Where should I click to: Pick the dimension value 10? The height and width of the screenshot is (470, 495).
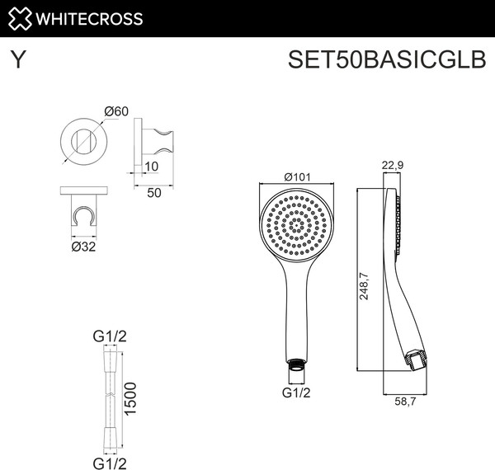tap(150, 167)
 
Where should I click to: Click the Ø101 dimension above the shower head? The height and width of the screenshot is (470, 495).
tap(295, 176)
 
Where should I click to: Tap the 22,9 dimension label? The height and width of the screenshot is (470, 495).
tap(392, 166)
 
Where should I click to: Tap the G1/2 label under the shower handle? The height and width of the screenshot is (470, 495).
tap(296, 392)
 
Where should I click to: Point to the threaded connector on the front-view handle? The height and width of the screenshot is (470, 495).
tap(296, 363)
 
